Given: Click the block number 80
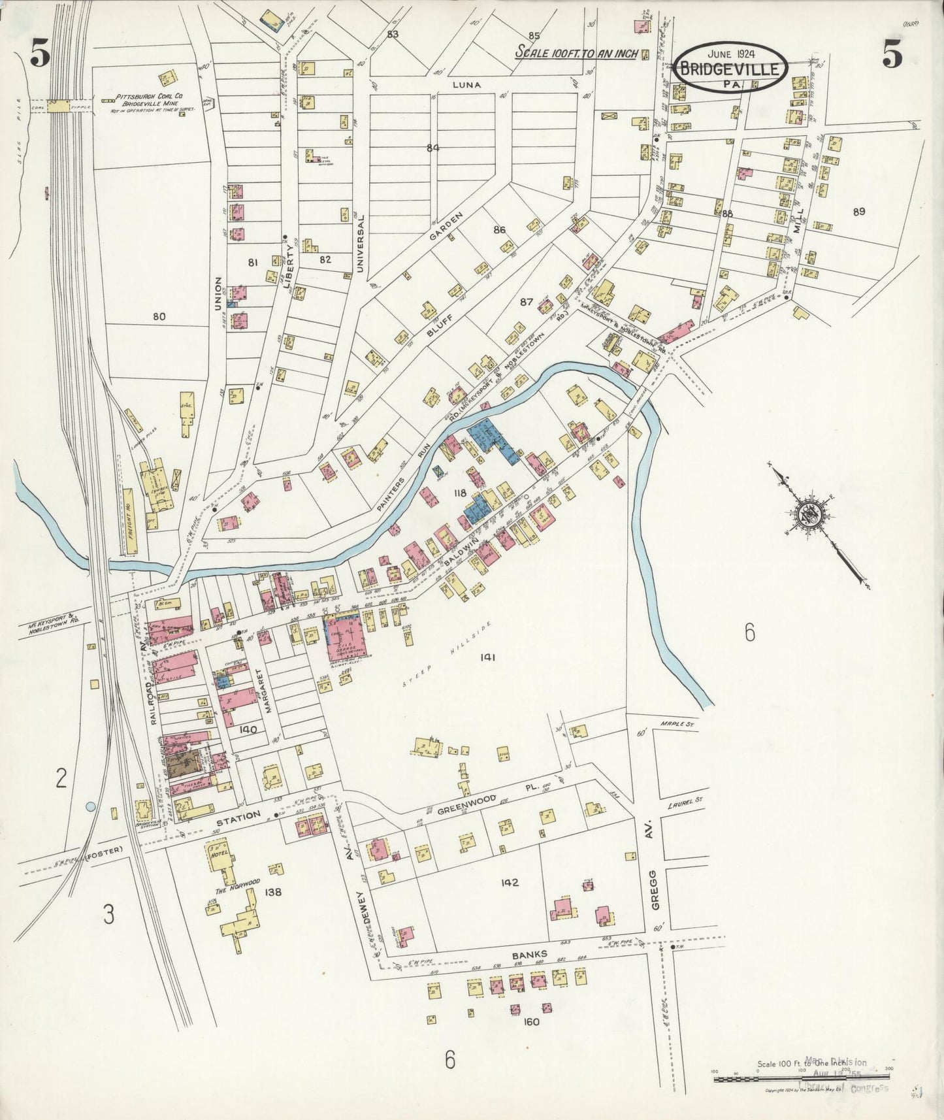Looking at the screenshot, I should tap(159, 317).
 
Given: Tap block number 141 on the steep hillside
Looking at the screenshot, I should tap(487, 657).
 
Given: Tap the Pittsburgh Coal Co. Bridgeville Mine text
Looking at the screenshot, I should tap(148, 104).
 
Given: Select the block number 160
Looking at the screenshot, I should tap(531, 1022).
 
